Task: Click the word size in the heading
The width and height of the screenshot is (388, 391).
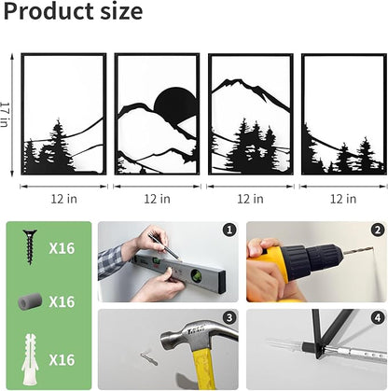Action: point(121,12)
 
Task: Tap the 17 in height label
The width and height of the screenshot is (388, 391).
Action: point(5,115)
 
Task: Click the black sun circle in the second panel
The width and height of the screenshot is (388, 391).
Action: point(175,104)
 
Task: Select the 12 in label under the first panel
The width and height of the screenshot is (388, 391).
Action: point(64,199)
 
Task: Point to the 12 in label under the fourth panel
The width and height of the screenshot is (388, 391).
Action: point(343,199)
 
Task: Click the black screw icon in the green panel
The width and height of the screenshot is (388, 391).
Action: point(30,246)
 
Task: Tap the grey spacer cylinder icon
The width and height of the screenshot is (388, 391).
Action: point(30,301)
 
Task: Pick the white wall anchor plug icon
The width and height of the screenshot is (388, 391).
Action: point(30,359)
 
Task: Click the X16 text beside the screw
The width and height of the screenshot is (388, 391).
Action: point(62,248)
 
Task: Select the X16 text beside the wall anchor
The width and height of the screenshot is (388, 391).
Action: point(62,360)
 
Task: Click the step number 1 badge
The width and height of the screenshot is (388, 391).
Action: point(229,230)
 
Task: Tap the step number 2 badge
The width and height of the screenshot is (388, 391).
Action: point(378,230)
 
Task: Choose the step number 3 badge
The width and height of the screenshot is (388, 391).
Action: point(229,317)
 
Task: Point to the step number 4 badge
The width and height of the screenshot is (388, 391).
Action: point(378,317)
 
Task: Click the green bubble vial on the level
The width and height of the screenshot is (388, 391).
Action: point(197,275)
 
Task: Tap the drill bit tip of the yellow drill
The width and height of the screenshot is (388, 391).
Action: point(372,248)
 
